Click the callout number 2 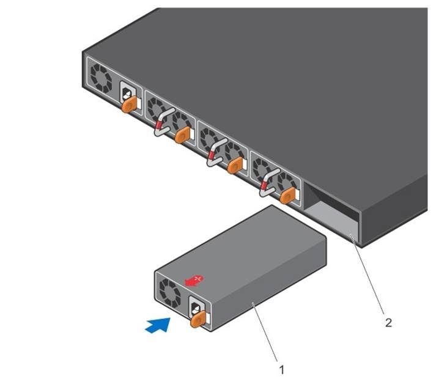click(388, 322)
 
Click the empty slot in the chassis click(330, 217)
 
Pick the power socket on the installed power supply click(127, 94)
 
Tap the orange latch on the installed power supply click(128, 105)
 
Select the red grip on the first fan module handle click(158, 127)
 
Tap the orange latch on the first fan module click(181, 136)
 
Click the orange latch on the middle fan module click(234, 166)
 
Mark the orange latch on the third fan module click(287, 196)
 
